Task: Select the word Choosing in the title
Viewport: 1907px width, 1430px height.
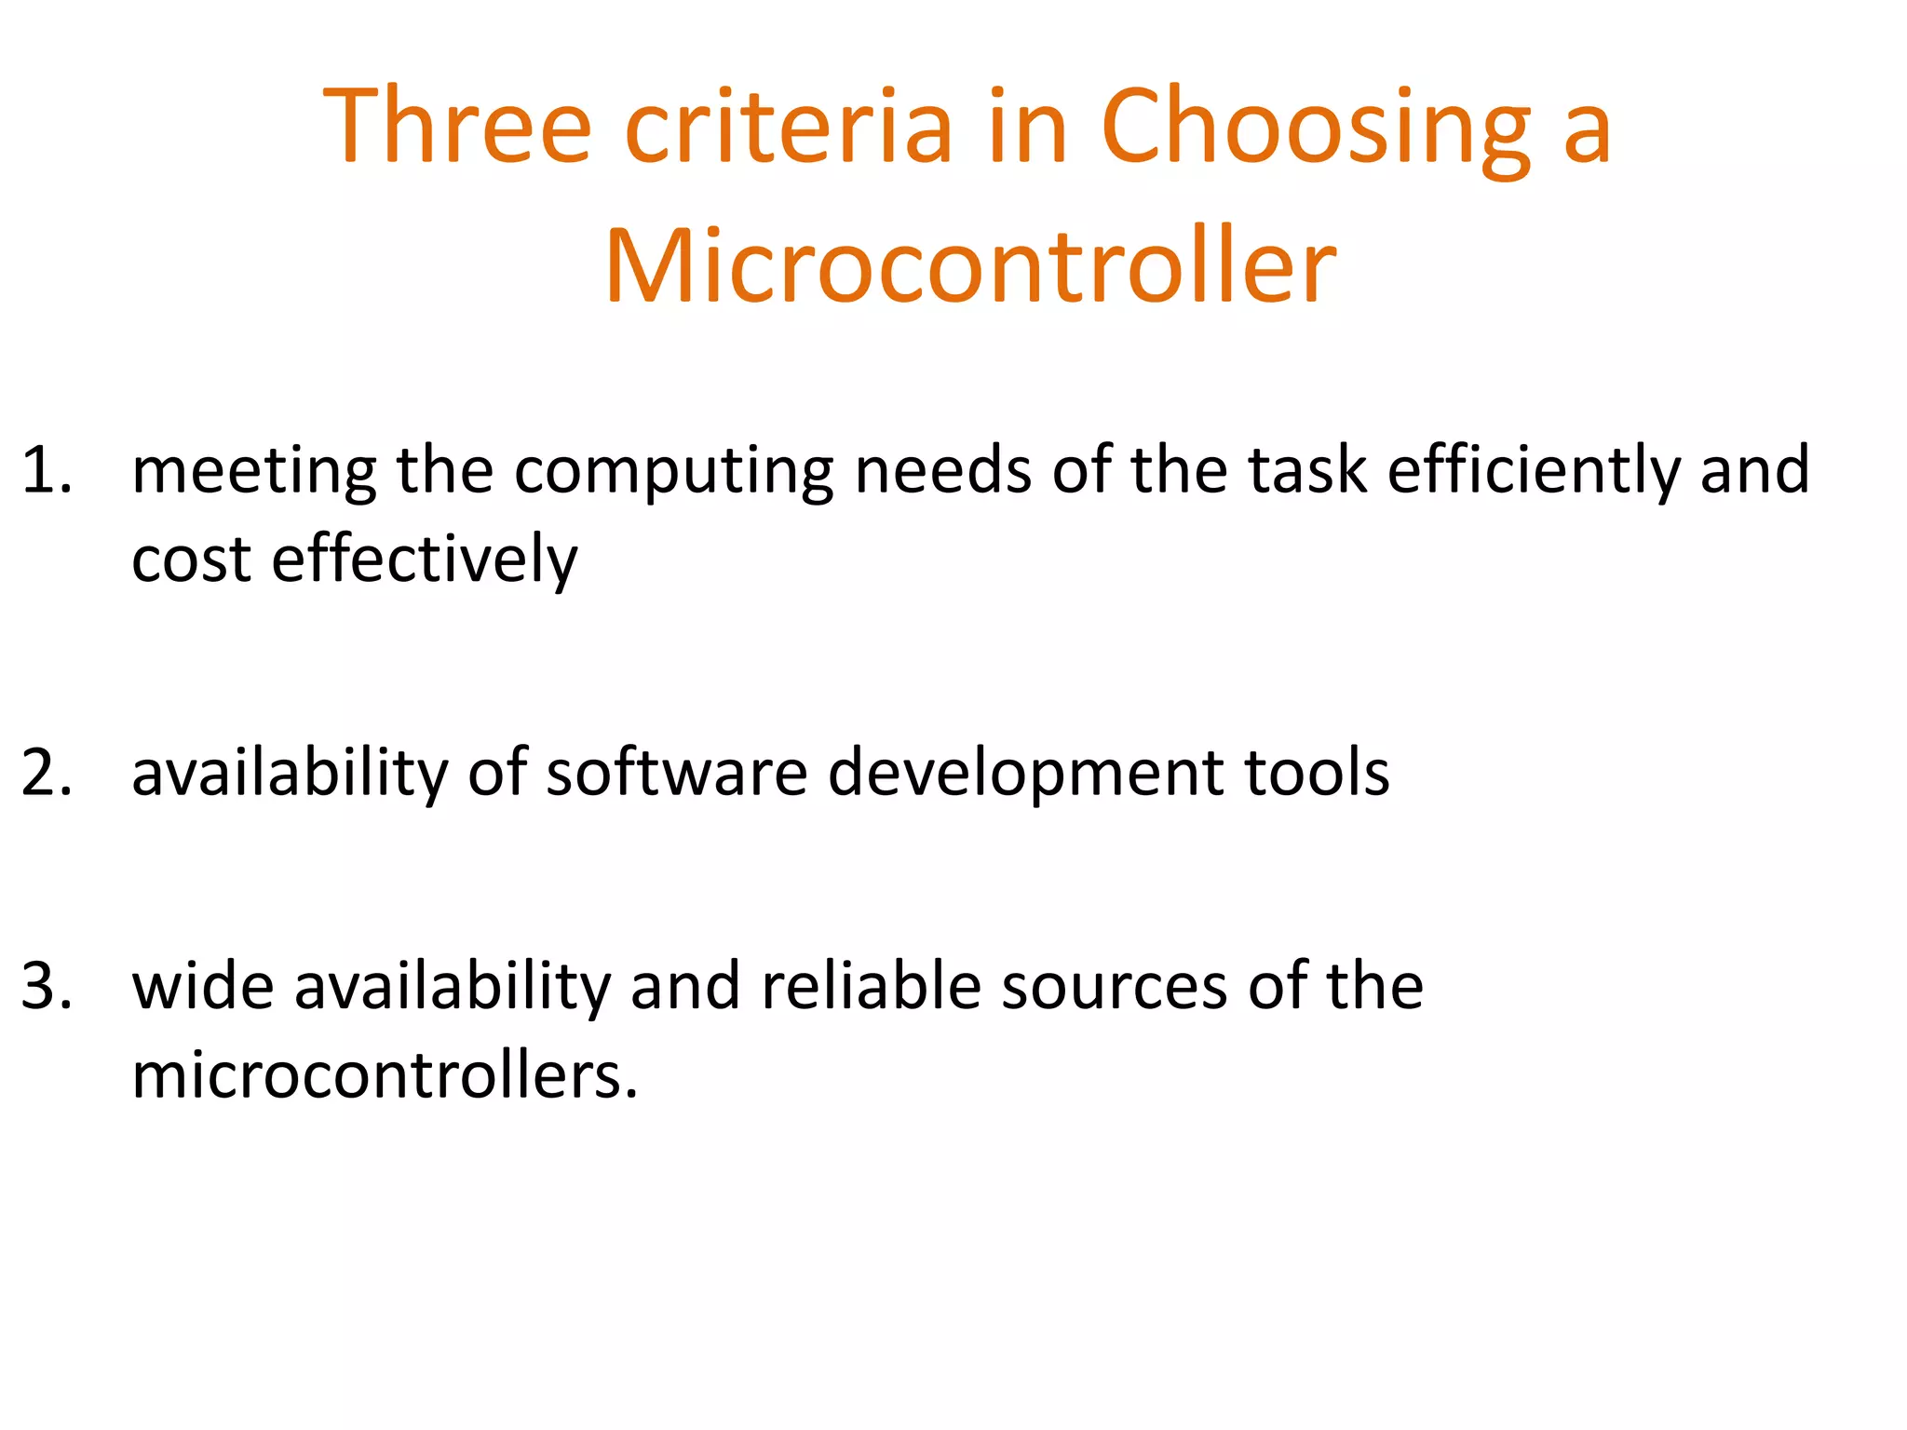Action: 1315,127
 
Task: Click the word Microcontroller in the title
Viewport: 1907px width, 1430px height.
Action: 970,266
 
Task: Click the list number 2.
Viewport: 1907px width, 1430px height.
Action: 47,772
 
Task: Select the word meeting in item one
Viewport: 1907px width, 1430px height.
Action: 254,471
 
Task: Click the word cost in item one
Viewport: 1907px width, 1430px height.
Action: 191,560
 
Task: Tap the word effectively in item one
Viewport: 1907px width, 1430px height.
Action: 425,561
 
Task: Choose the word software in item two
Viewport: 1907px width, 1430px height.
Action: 676,772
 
